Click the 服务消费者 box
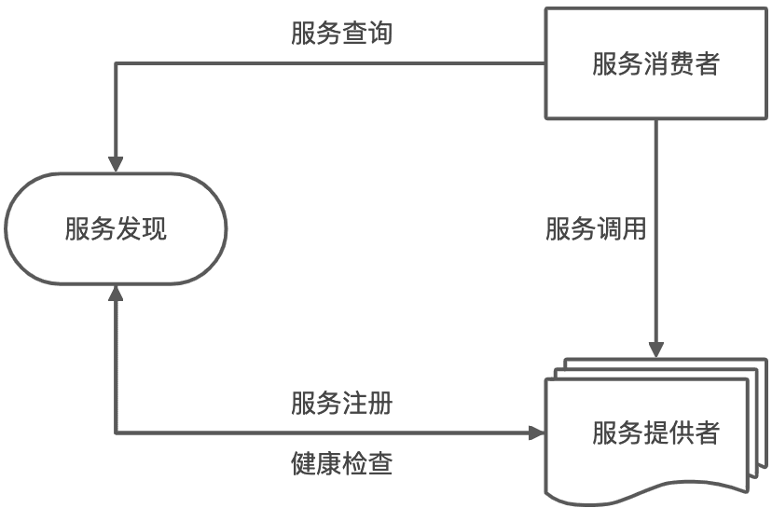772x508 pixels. coord(655,63)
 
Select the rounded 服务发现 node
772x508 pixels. coord(116,228)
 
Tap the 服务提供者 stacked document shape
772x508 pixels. coord(655,432)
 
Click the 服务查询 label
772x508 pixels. coord(341,34)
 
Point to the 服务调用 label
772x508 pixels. coord(596,229)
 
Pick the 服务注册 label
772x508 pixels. coord(341,405)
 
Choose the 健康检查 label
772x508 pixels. coord(341,463)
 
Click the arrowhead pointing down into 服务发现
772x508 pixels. coord(116,163)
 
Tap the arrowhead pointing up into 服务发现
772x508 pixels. coord(116,294)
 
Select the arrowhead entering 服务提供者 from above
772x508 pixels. coord(656,349)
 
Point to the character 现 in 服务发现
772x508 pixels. coord(154,229)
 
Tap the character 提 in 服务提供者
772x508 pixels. coord(655,433)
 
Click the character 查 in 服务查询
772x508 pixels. coord(354,34)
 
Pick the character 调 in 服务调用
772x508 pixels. coord(609,229)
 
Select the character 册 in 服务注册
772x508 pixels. coord(379,405)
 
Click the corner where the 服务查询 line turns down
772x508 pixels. coord(116,63)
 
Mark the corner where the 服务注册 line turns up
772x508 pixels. coord(116,432)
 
